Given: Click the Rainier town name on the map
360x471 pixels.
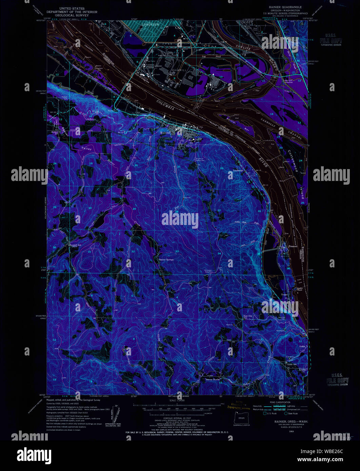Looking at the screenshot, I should pyautogui.click(x=165, y=133).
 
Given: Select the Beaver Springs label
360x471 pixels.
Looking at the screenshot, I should pyautogui.click(x=166, y=260).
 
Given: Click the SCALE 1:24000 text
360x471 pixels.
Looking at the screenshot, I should pyautogui.click(x=179, y=400).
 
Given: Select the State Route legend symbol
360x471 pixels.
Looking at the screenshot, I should pyautogui.click(x=286, y=413).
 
